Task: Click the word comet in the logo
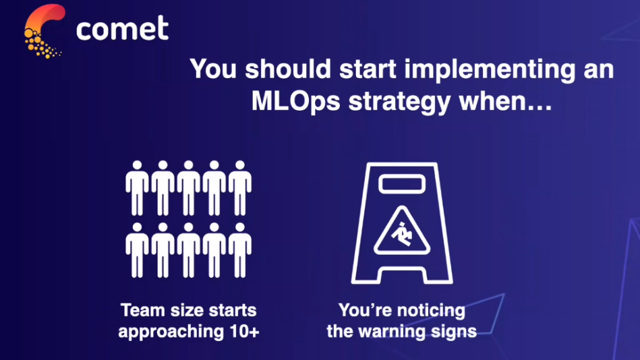click(x=122, y=28)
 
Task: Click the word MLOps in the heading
click(x=295, y=101)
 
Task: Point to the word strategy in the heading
click(x=399, y=102)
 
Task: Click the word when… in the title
click(x=505, y=101)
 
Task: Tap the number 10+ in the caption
click(x=245, y=331)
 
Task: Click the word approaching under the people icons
click(x=171, y=332)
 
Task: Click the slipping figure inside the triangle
click(x=402, y=234)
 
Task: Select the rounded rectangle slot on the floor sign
click(x=402, y=184)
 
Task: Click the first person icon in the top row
click(x=137, y=188)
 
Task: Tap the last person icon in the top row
click(x=240, y=188)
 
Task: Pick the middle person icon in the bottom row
click(x=189, y=250)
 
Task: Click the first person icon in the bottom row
click(x=137, y=250)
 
